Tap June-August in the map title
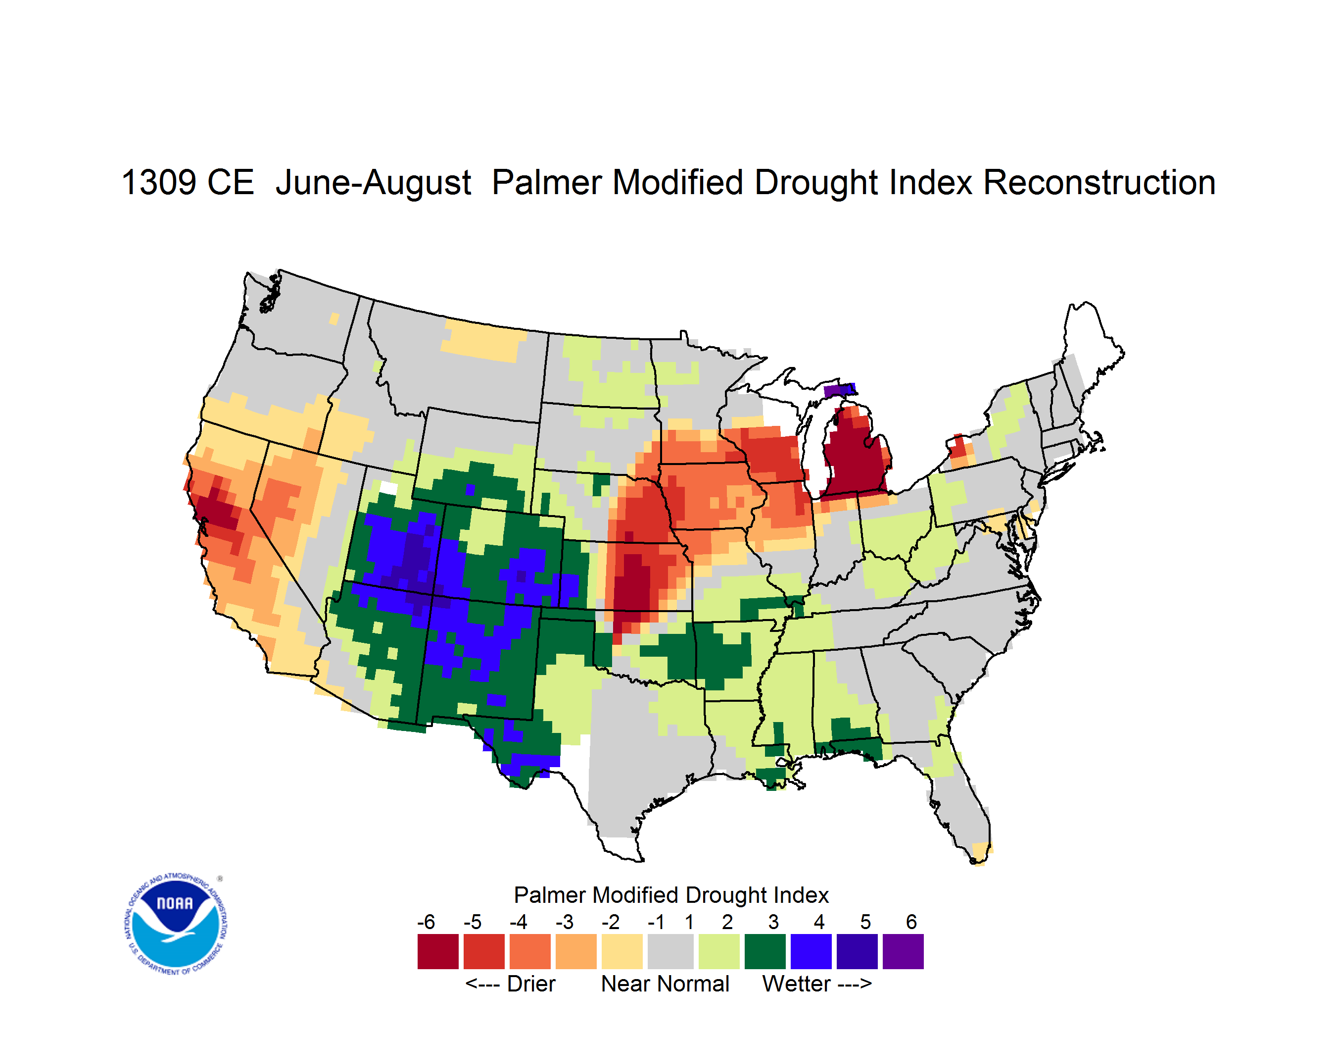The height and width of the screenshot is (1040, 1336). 373,184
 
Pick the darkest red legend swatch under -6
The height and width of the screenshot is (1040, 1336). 438,951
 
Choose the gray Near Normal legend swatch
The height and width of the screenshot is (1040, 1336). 670,951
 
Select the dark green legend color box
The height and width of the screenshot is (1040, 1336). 765,951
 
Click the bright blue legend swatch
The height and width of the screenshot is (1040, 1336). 811,951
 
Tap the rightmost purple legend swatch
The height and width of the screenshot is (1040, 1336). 903,951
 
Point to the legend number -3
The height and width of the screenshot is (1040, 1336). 565,922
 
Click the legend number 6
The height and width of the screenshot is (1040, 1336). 911,922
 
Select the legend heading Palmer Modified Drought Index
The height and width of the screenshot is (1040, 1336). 671,895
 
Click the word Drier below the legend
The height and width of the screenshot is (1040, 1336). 531,984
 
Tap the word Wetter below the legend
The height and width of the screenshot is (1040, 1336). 797,984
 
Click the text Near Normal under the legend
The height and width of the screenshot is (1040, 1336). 665,984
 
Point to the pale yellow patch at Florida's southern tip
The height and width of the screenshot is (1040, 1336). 981,852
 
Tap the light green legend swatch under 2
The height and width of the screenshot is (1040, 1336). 719,951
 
